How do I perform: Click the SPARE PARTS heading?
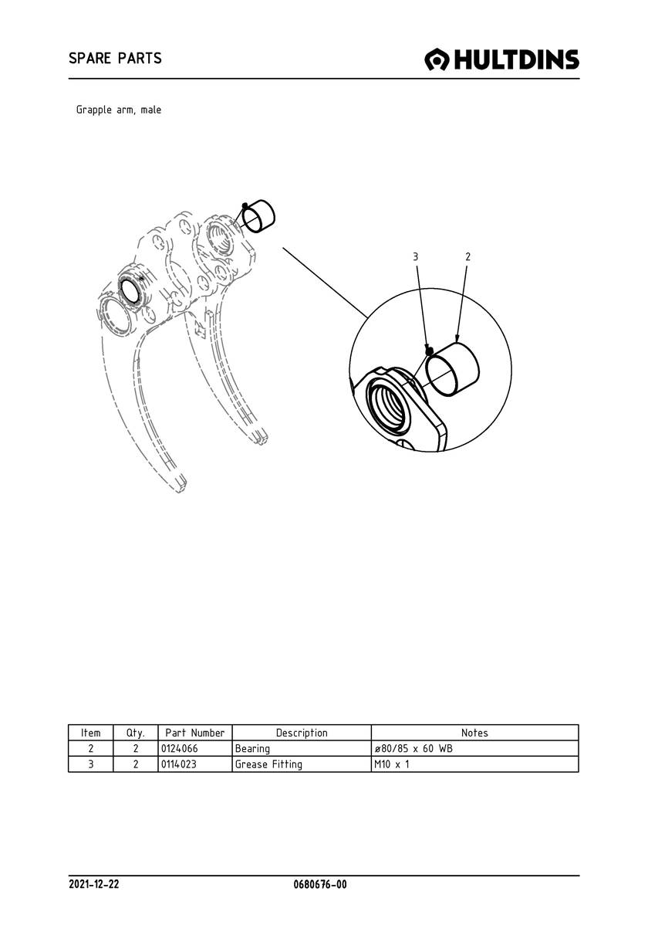tap(115, 59)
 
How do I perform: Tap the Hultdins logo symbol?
tap(437, 59)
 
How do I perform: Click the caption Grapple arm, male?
tap(119, 110)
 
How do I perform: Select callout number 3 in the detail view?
tap(416, 256)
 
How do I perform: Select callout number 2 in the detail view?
tap(468, 256)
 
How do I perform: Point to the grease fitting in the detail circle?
tap(429, 351)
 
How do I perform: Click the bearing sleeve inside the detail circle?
tap(452, 369)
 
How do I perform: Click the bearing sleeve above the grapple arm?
tap(259, 215)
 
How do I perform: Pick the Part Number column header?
tap(195, 733)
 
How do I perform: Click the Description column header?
tap(302, 733)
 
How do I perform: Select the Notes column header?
tap(474, 733)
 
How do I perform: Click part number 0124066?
tap(180, 749)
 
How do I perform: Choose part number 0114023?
tap(179, 764)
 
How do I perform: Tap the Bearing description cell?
tap(252, 749)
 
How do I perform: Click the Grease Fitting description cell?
tap(269, 764)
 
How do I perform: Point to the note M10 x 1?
tap(392, 764)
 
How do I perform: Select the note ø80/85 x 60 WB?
tap(413, 749)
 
